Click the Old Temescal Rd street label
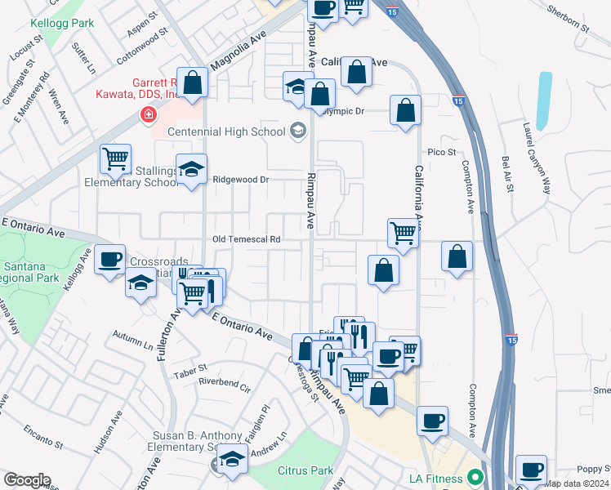click(246, 240)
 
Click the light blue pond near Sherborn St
click(543, 96)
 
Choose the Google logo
click(27, 480)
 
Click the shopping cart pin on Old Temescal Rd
click(403, 233)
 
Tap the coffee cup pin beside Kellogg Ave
click(109, 261)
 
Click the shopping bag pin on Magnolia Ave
click(193, 82)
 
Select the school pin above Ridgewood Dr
click(191, 169)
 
